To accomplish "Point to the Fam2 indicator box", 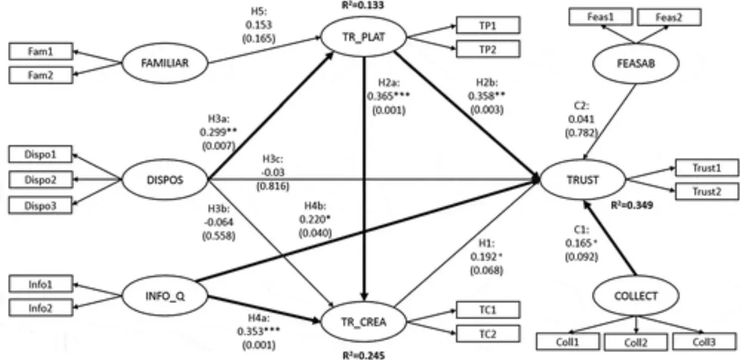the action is pyautogui.click(x=41, y=75).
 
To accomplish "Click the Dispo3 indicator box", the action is pyautogui.click(x=41, y=205).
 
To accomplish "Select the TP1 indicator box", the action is pyautogui.click(x=488, y=25).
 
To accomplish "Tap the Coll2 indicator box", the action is pyautogui.click(x=636, y=342).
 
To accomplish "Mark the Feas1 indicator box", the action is pyautogui.click(x=601, y=17).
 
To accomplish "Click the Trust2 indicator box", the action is pyautogui.click(x=707, y=192).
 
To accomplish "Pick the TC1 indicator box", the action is pyautogui.click(x=488, y=310).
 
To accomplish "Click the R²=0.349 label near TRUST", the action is pyautogui.click(x=631, y=205).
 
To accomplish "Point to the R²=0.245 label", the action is pyautogui.click(x=363, y=355).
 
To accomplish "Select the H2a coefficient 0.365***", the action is pyautogui.click(x=388, y=96).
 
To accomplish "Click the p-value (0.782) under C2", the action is pyautogui.click(x=582, y=133).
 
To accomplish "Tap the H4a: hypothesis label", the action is pyautogui.click(x=258, y=317).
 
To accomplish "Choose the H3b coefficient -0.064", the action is pyautogui.click(x=219, y=222).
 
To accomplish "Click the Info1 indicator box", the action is pyautogui.click(x=41, y=284).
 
